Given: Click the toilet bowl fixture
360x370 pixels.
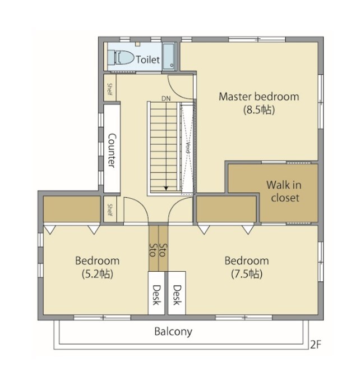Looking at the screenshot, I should point(123,57).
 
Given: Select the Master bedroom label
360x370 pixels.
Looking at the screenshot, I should point(259,97).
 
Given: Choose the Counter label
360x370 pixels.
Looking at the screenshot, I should point(112,150).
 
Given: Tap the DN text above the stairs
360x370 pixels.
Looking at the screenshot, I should point(165,99).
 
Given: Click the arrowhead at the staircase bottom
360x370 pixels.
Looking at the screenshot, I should point(166,189).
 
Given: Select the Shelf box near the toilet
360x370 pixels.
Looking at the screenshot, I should point(110,89).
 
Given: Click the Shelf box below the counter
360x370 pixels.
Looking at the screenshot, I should point(110,209).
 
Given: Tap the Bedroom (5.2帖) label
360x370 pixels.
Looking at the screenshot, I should point(97,267).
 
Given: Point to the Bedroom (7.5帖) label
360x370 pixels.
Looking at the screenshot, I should point(247,267).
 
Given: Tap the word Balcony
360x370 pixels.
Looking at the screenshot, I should point(173,331).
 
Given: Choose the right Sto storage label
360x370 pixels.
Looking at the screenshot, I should point(163,250).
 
